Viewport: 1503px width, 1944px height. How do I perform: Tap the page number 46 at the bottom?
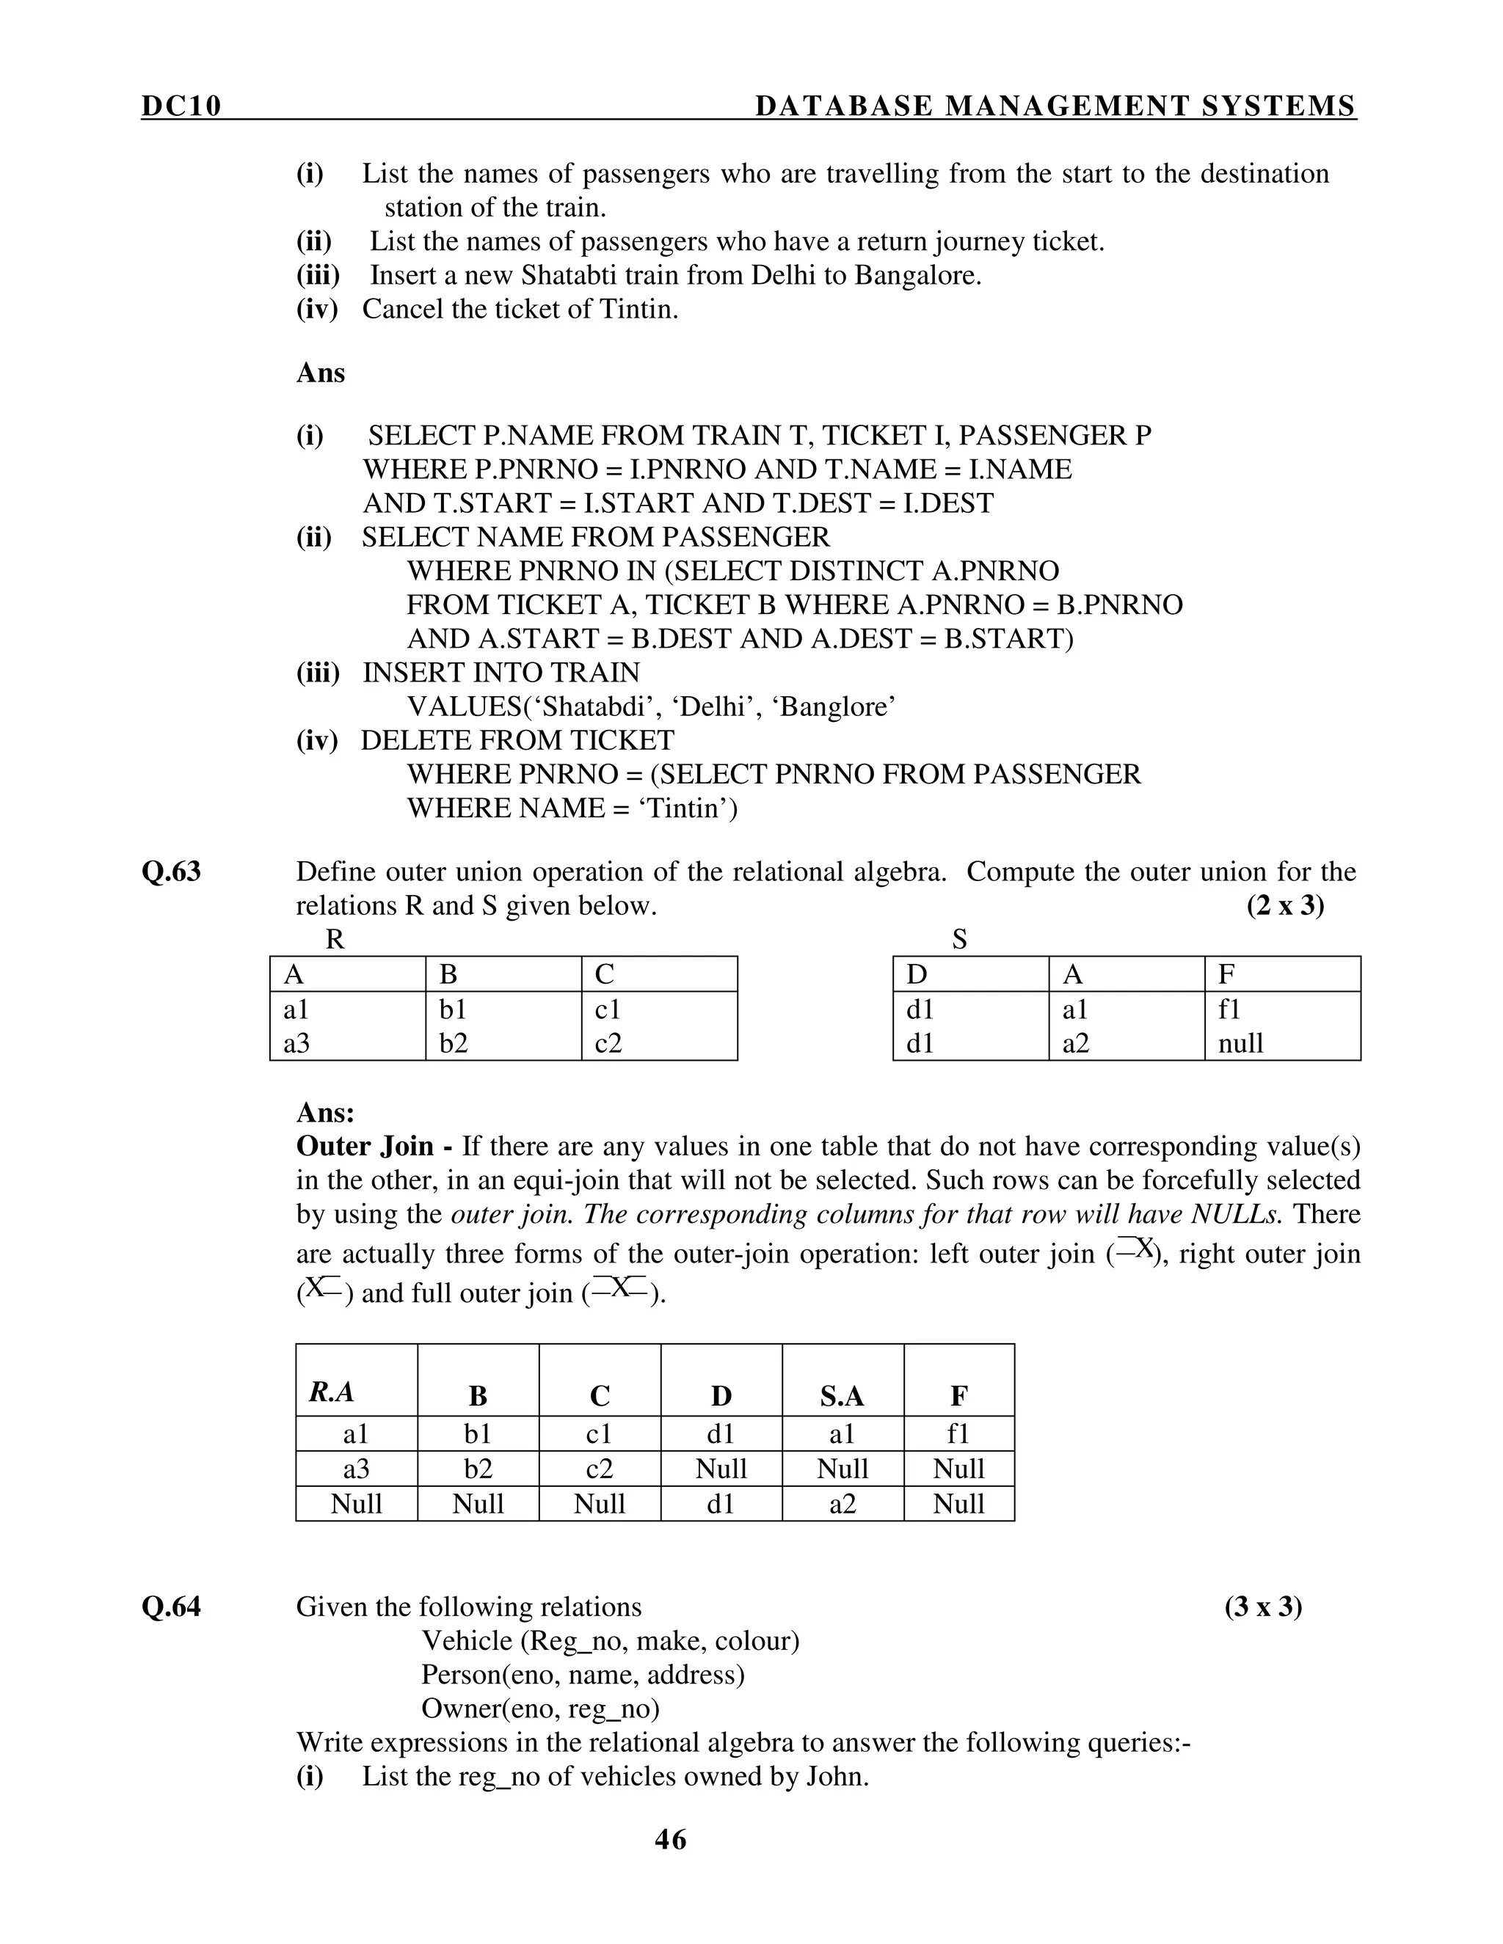pos(671,1839)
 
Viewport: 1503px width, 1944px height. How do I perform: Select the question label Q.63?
pos(172,871)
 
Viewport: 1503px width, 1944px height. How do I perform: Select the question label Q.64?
pos(172,1607)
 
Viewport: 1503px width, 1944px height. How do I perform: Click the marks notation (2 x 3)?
pos(1285,905)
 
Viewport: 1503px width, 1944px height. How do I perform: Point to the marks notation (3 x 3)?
pos(1262,1607)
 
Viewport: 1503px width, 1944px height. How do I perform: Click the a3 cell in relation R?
pos(296,1042)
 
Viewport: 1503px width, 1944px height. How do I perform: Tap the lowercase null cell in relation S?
pos(1240,1042)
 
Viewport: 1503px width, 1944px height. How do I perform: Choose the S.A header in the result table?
pos(843,1397)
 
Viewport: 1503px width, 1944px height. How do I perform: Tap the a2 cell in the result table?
pos(843,1503)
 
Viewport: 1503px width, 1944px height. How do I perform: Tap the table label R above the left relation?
pos(335,939)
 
